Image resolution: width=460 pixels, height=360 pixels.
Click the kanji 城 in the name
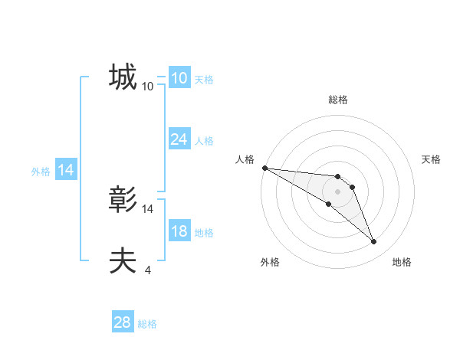123,77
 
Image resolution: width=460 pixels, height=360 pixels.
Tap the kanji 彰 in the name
123,201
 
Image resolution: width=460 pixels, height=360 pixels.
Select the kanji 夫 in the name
123,261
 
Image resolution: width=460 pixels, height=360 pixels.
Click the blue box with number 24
179,139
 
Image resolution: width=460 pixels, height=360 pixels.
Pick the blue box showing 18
179,232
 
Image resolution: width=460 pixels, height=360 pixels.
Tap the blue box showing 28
123,322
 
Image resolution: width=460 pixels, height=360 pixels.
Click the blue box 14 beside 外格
66,171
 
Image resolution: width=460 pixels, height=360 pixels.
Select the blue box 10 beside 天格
179,78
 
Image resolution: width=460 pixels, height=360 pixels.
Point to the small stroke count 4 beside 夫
147,270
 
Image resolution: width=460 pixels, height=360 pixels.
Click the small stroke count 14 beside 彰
148,208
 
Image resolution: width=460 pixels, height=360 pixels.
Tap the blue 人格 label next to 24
204,141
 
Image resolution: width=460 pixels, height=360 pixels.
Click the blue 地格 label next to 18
204,233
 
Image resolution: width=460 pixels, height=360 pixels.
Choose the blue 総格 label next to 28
147,324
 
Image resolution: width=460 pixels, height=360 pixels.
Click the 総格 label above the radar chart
338,100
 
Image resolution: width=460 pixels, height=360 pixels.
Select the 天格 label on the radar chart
432,159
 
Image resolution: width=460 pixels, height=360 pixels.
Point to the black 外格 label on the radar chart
270,262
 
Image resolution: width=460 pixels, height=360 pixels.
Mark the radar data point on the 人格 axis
264,168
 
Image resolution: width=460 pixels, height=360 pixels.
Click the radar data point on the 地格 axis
374,242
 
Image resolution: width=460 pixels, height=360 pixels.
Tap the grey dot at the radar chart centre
338,191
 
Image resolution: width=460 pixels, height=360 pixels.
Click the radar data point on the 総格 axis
338,177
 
